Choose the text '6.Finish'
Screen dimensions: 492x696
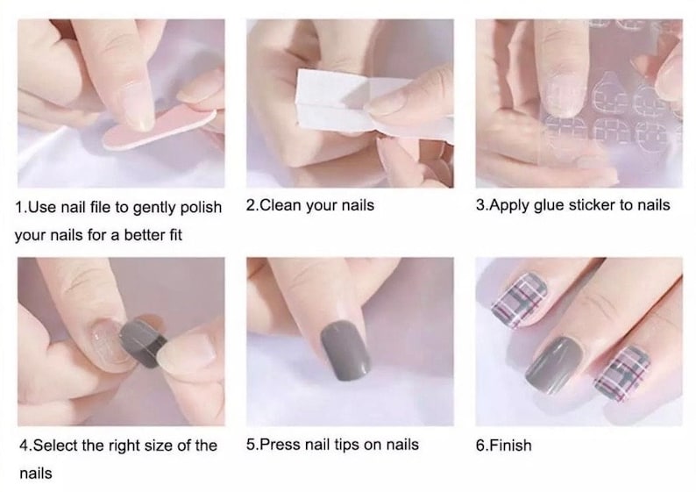pyautogui.click(x=503, y=445)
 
